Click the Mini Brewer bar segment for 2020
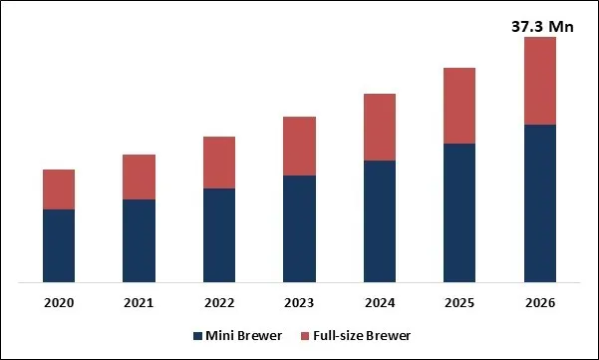click(59, 246)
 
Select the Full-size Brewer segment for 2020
click(59, 189)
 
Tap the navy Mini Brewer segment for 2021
click(139, 241)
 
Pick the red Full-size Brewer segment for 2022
click(219, 163)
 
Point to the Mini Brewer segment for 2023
click(299, 229)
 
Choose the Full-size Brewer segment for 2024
click(380, 127)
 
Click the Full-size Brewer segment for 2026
click(539, 81)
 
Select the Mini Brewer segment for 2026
click(539, 203)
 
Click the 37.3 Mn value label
click(539, 27)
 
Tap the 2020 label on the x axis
click(59, 302)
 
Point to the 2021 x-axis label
click(139, 302)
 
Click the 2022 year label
click(219, 302)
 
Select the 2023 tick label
click(299, 302)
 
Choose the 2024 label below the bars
click(380, 302)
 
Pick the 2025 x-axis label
click(459, 302)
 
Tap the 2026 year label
click(539, 302)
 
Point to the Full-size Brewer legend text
click(362, 336)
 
